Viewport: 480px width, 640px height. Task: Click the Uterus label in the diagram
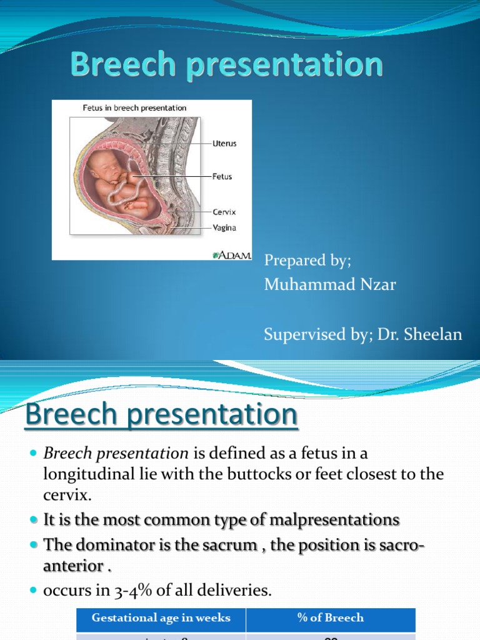[224, 144]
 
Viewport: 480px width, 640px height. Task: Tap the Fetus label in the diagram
[222, 177]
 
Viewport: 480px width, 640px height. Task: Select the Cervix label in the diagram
[224, 212]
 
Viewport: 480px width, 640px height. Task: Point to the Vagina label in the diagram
[224, 228]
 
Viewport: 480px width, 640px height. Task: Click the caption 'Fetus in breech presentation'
[134, 108]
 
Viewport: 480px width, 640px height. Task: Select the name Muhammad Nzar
[330, 285]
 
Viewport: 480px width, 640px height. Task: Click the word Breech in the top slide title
[114, 64]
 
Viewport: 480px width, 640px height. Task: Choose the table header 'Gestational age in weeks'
[161, 618]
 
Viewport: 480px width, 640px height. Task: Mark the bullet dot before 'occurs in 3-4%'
[34, 591]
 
